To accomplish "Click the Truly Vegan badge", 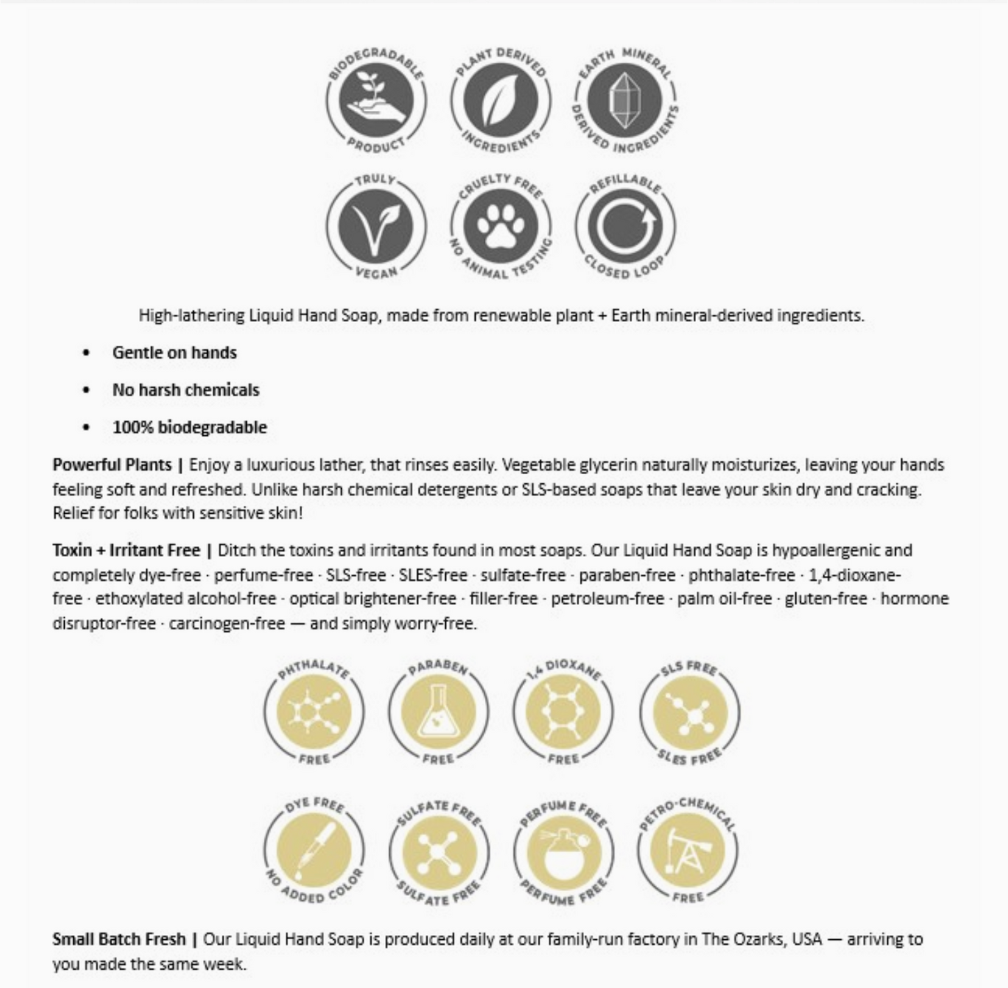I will [x=375, y=226].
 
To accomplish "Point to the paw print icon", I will [x=500, y=226].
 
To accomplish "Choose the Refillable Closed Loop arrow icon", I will [x=624, y=226].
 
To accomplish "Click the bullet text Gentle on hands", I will [x=174, y=353].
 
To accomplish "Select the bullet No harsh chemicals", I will [x=186, y=390].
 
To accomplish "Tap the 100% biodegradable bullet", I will [x=190, y=427].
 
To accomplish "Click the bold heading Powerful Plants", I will [x=112, y=465].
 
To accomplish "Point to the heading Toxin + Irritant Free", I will [x=126, y=551].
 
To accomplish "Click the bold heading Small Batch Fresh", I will [x=119, y=939].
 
